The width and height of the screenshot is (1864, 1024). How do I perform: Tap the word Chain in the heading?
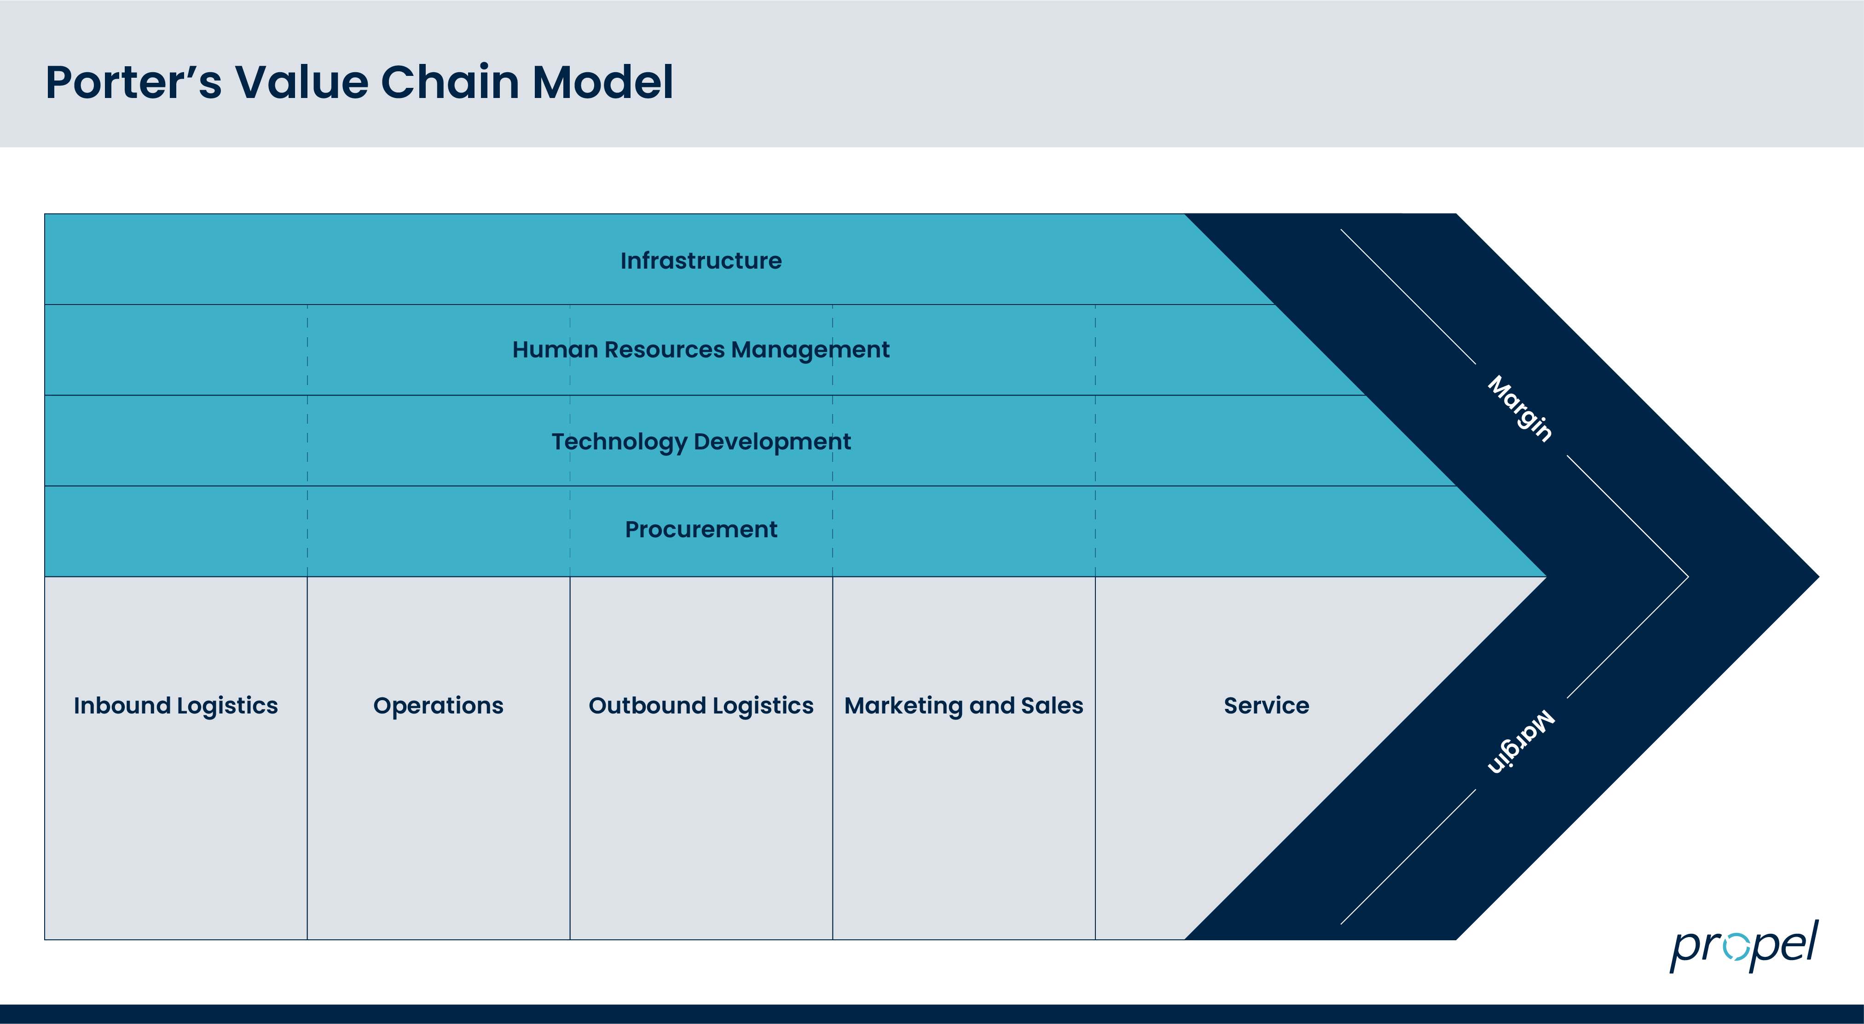449,82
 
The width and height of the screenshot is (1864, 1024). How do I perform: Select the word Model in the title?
603,82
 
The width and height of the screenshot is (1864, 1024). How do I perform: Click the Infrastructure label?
700,260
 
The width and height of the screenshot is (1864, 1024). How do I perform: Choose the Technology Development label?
700,441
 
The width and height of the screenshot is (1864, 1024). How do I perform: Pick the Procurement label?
700,529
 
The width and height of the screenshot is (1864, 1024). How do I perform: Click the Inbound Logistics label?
176,706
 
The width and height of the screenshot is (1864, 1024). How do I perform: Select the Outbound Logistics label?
700,706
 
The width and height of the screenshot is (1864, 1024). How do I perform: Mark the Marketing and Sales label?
964,706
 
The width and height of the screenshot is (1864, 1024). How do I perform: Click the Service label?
1266,706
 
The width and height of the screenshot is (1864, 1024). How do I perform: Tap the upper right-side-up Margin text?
1520,408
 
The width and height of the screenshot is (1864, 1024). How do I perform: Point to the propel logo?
1744,945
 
